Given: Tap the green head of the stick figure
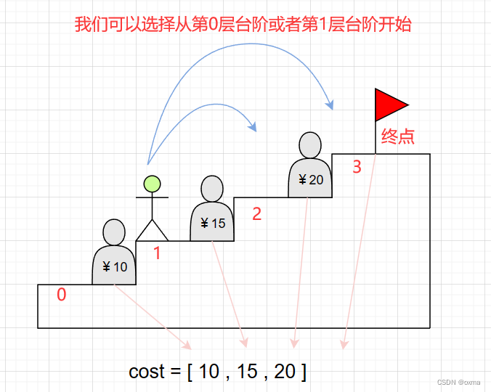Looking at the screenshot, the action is click(152, 184).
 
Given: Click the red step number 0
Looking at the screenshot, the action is click(62, 295).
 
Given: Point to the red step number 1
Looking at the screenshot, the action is click(156, 253).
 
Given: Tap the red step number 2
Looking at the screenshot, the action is click(256, 213).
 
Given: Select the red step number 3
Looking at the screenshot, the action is click(356, 167).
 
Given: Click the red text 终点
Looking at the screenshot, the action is click(397, 136).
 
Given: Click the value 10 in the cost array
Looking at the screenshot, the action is click(208, 372).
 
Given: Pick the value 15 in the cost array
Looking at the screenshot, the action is click(247, 372).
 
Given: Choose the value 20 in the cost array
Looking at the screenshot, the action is click(285, 372).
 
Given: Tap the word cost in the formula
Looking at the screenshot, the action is click(147, 372).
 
